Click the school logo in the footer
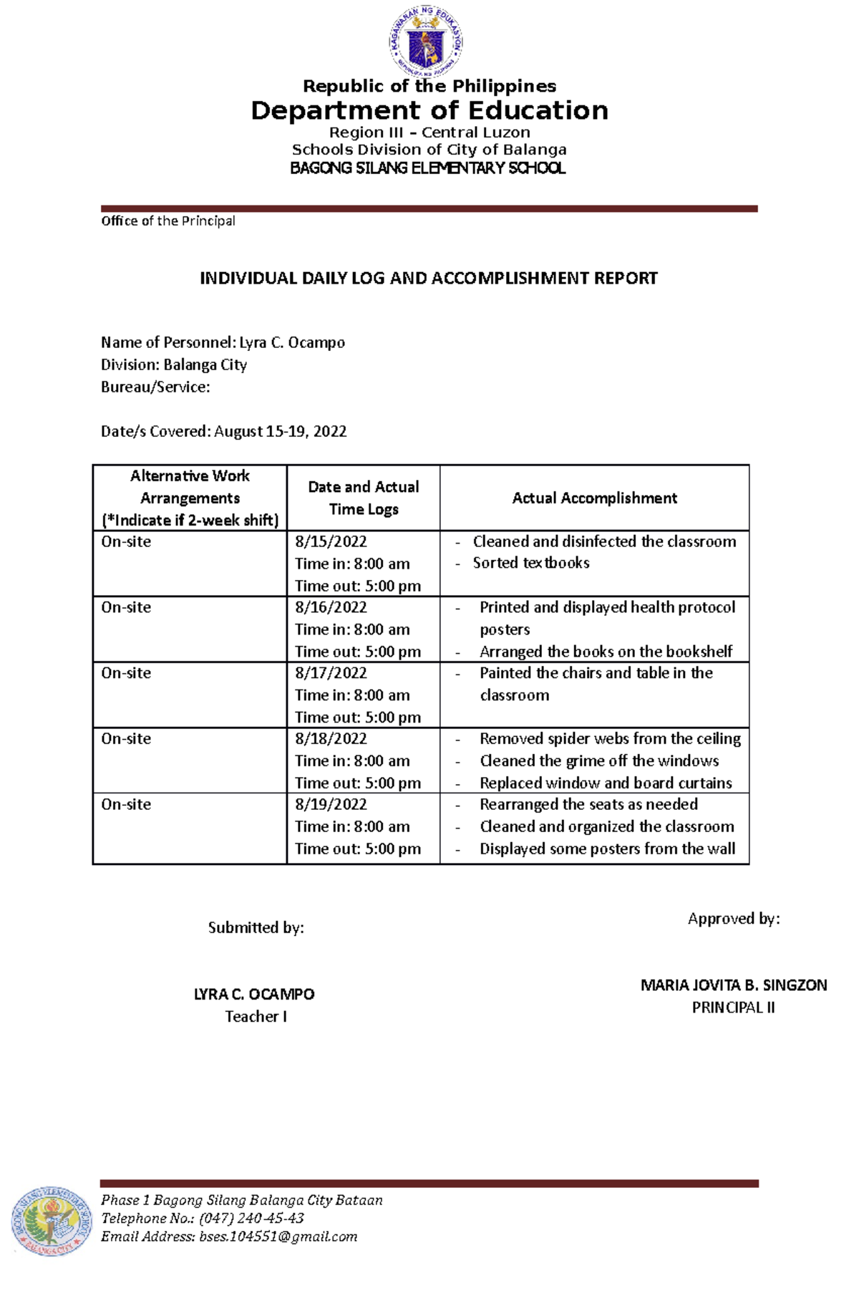[x=52, y=1220]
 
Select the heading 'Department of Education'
[x=429, y=111]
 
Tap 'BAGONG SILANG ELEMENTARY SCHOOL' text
[x=427, y=168]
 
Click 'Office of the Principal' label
[x=168, y=221]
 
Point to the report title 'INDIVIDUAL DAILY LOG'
[x=428, y=279]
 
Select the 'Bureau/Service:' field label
[x=155, y=387]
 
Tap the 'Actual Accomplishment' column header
[x=594, y=498]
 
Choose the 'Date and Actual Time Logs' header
[x=363, y=498]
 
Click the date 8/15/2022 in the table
[x=331, y=542]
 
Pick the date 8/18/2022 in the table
[x=331, y=739]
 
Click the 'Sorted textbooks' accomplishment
[x=530, y=564]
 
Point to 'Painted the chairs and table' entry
[x=596, y=673]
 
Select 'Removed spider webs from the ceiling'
[x=610, y=739]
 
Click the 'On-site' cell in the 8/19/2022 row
[x=126, y=805]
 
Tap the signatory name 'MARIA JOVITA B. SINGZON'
[x=733, y=986]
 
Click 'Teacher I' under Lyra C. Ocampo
[x=256, y=1017]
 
